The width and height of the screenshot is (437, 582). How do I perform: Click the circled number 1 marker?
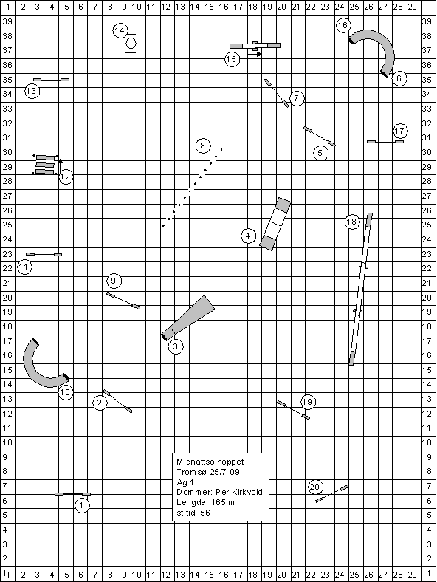82,505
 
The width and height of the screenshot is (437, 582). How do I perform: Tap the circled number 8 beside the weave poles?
202,145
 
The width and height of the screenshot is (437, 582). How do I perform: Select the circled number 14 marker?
120,30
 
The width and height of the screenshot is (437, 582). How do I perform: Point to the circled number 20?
315,487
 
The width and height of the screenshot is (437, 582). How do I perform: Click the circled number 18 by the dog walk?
352,222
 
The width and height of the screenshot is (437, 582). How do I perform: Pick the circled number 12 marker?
66,177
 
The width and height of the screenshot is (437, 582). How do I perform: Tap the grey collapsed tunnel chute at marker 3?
189,318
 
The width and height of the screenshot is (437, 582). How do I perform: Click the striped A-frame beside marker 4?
275,225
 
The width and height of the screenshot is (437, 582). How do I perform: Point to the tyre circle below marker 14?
131,44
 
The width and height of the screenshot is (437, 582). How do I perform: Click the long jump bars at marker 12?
45,165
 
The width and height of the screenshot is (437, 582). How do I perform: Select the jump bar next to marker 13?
51,80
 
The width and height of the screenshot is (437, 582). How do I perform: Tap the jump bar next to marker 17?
385,141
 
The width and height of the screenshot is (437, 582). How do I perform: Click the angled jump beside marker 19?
294,410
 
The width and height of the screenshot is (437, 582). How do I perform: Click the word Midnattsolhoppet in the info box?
210,462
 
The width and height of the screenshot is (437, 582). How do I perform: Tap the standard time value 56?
204,513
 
